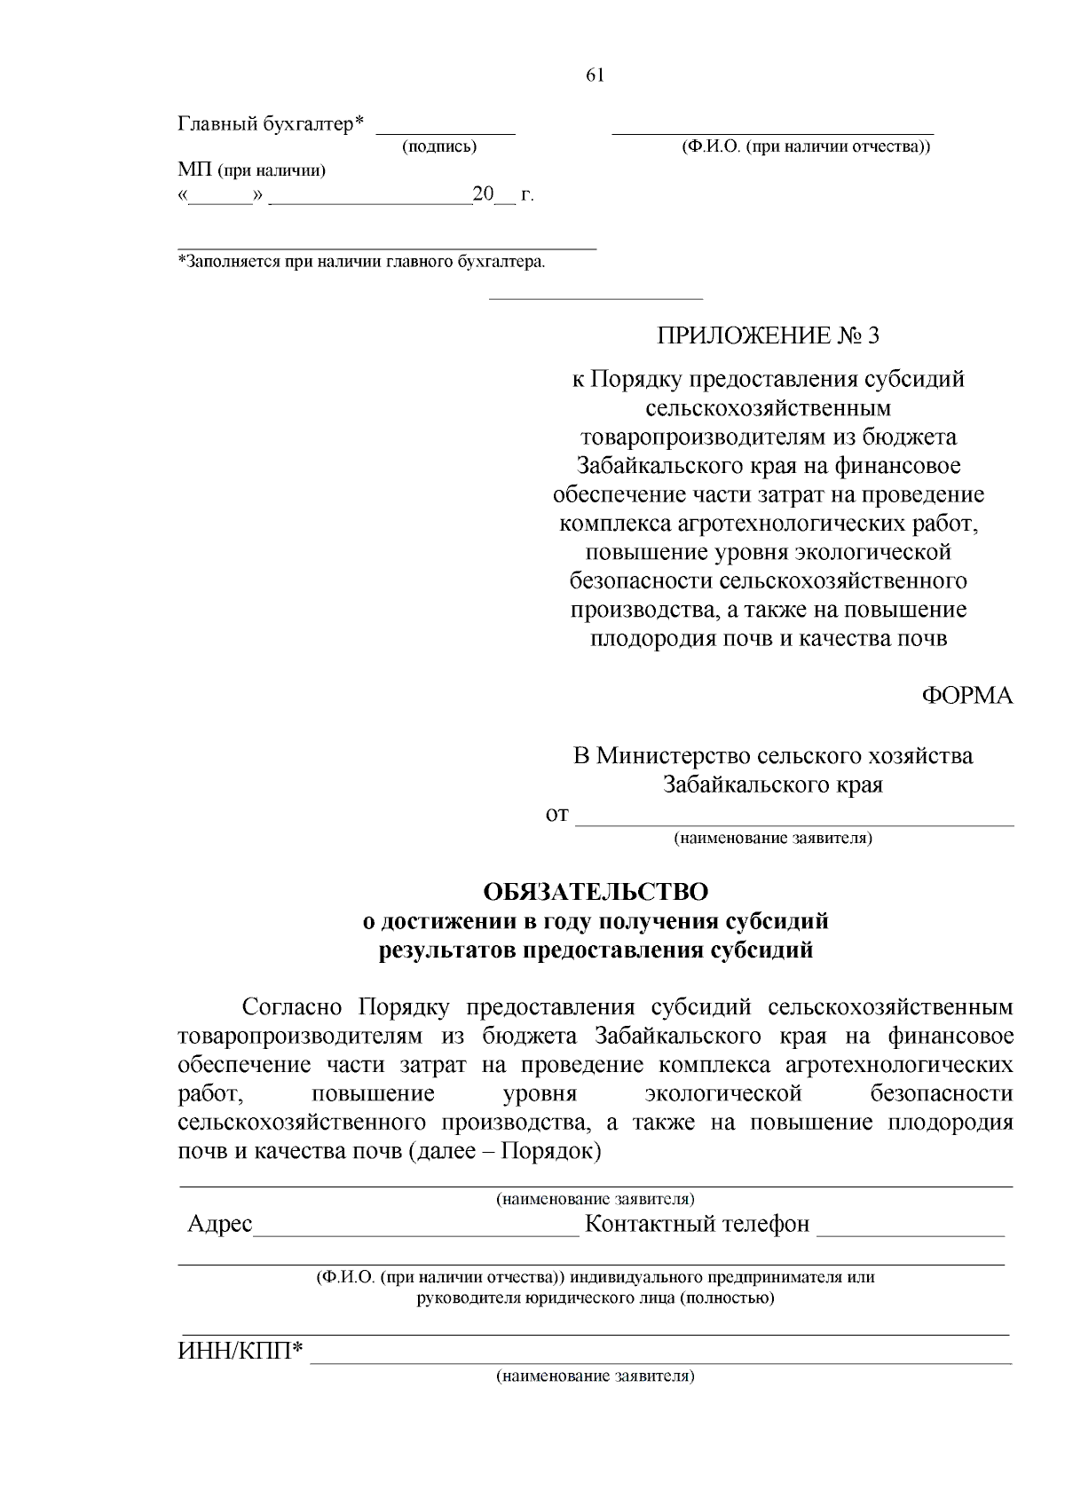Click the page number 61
(595, 75)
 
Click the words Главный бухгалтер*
(272, 123)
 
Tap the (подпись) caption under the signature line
(439, 146)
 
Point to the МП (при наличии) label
(251, 170)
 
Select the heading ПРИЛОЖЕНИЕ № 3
(768, 335)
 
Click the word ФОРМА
(966, 695)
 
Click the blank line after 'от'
(794, 816)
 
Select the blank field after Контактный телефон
(910, 1226)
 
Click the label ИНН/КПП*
(241, 1352)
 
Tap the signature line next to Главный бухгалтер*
(446, 127)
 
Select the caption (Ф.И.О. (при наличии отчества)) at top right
(805, 146)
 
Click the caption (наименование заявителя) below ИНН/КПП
(595, 1376)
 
